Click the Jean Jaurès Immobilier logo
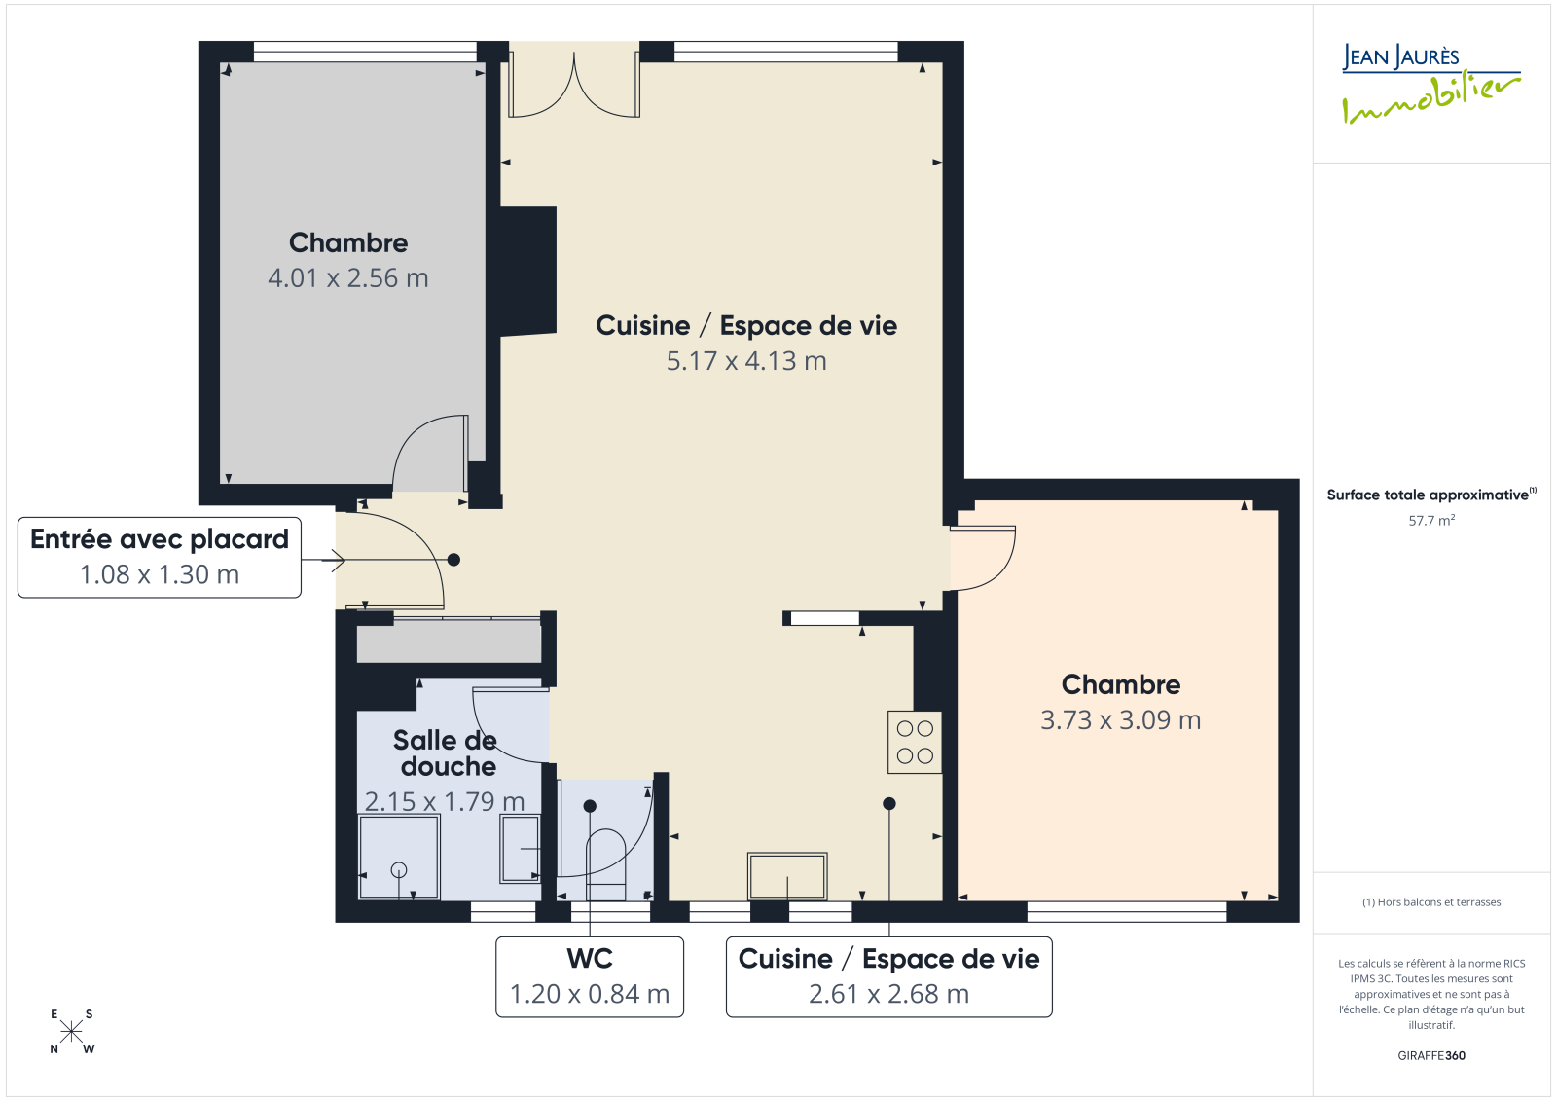click(1430, 84)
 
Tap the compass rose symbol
click(72, 1032)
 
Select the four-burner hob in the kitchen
click(914, 742)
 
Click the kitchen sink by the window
click(787, 876)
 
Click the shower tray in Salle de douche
click(399, 857)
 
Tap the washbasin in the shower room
click(520, 849)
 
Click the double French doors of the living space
click(574, 84)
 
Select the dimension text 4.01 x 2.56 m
click(348, 278)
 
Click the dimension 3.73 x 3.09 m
click(1120, 719)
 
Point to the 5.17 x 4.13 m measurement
click(746, 361)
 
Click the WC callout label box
click(590, 976)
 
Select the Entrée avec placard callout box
click(160, 557)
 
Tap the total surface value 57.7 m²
click(1431, 520)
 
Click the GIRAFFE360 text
click(1431, 1055)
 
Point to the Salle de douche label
click(446, 753)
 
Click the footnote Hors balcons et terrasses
click(1431, 902)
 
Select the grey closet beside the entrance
click(449, 641)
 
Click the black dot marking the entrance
click(453, 559)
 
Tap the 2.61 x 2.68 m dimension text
click(889, 994)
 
